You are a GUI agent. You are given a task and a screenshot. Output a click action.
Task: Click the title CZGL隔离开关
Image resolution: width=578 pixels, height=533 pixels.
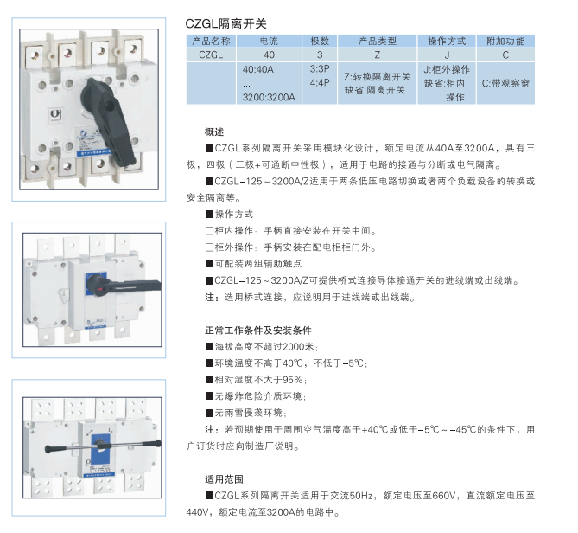[x=225, y=23]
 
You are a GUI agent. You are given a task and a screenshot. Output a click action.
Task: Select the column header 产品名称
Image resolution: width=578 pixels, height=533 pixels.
[x=211, y=41]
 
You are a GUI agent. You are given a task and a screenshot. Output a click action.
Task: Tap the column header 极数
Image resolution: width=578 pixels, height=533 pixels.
[x=319, y=41]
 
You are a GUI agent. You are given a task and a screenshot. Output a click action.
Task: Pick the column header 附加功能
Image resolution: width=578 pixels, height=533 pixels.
[x=505, y=41]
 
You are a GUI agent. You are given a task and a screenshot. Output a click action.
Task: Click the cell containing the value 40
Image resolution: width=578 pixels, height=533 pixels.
[x=269, y=55]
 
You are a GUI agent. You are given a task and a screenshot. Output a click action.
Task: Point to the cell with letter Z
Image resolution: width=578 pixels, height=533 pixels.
[x=377, y=55]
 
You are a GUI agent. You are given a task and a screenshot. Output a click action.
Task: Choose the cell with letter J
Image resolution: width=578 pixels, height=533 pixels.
[x=447, y=55]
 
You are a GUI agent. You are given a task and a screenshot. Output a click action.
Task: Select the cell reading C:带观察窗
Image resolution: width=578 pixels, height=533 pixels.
[x=505, y=83]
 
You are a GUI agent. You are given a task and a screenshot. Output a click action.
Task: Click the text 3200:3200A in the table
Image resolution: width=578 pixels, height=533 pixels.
[x=269, y=98]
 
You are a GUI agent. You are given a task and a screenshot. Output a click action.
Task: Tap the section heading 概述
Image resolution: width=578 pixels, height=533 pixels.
[x=214, y=132]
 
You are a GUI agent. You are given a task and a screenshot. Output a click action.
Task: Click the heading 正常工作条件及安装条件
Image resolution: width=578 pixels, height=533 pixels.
[x=258, y=331]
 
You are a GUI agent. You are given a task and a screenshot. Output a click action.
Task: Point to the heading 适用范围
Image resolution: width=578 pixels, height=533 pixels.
[x=224, y=479]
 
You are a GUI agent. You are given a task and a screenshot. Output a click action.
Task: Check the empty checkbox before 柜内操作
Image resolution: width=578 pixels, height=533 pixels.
[x=209, y=231]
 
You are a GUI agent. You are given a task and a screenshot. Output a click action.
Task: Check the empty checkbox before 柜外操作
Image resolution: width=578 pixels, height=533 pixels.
[x=209, y=247]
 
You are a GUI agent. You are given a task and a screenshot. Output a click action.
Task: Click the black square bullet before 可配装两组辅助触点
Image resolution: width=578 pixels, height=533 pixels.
[x=209, y=264]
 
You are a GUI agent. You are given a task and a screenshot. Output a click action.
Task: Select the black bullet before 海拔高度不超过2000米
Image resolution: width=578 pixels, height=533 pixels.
[x=209, y=347]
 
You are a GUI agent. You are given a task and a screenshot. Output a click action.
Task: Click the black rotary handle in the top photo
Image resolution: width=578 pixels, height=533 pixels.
[x=108, y=118]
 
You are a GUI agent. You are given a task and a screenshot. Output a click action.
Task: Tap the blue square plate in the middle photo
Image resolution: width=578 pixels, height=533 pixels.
[x=96, y=285]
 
